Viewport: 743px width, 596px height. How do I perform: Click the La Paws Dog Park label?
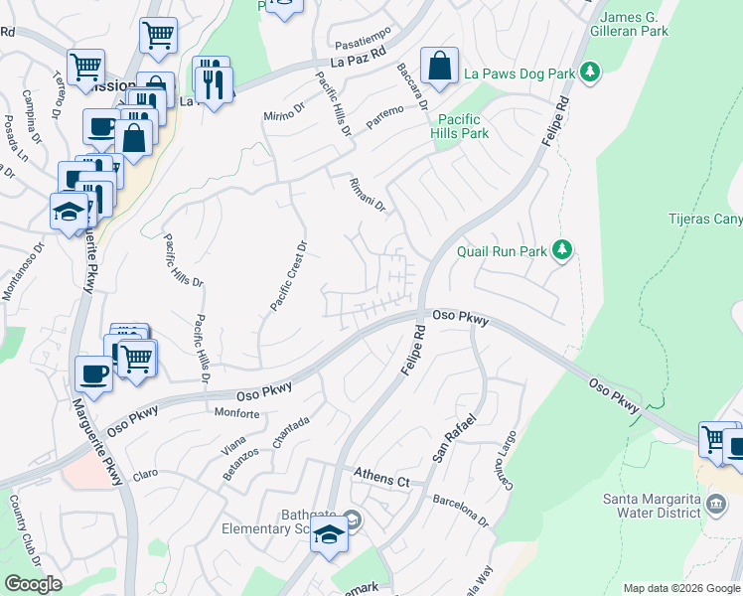click(520, 74)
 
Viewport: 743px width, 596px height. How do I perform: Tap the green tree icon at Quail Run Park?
click(563, 249)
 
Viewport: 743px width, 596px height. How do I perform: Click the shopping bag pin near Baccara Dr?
click(439, 67)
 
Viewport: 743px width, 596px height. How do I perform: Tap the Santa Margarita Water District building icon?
click(715, 505)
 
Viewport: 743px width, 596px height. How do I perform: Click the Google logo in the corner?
click(33, 584)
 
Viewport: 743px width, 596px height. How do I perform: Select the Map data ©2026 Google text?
click(680, 588)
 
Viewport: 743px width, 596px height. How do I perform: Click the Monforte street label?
click(236, 412)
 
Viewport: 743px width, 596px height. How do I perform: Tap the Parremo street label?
click(384, 115)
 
